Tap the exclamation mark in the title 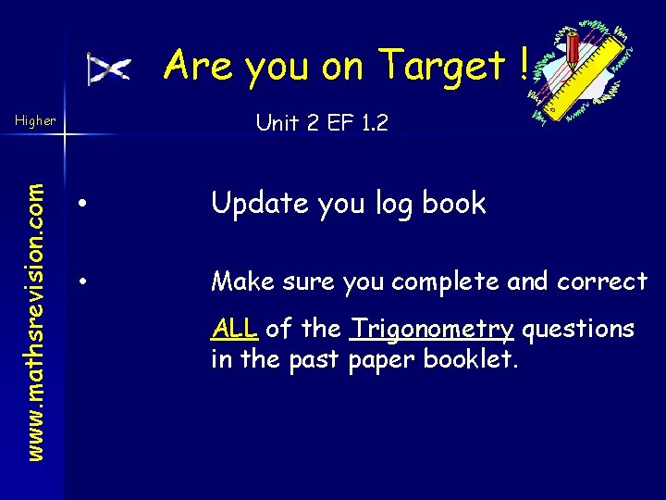[524, 65]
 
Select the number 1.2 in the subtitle [370, 121]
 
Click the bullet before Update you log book [83, 204]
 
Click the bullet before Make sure [83, 280]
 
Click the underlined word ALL [235, 328]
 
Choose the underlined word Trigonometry [431, 329]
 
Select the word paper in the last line [380, 359]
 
